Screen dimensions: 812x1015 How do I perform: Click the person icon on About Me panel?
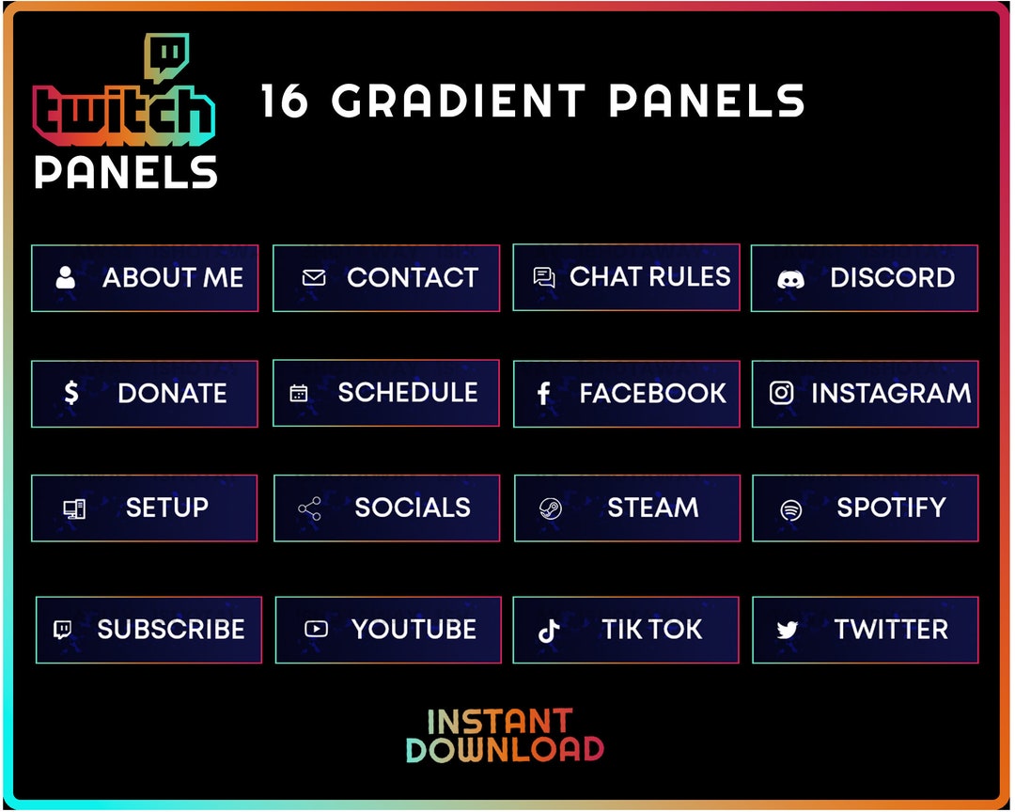click(x=65, y=277)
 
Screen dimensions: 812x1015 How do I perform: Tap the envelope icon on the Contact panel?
click(x=313, y=278)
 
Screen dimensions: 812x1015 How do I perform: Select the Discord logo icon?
click(x=790, y=278)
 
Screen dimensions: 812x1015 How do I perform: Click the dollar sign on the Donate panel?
click(x=71, y=393)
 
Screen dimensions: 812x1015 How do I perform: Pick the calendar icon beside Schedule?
click(x=299, y=393)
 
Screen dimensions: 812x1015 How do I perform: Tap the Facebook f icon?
click(x=543, y=394)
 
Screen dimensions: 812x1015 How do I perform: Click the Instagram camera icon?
click(x=781, y=393)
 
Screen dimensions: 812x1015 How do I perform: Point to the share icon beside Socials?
click(x=309, y=508)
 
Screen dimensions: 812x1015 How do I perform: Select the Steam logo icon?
click(x=550, y=508)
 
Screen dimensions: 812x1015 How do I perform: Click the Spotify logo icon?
click(x=791, y=509)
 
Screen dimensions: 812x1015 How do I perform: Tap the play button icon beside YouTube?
click(x=317, y=629)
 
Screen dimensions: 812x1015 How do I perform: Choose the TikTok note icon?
click(x=549, y=630)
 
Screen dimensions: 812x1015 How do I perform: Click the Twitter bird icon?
click(x=788, y=630)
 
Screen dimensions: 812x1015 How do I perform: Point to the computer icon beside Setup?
click(x=74, y=508)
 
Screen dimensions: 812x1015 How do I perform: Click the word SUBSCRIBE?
click(x=170, y=629)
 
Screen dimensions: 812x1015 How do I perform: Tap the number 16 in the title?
click(x=284, y=101)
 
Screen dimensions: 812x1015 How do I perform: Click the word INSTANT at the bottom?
click(x=499, y=722)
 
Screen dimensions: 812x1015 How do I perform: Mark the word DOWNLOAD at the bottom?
click(x=505, y=749)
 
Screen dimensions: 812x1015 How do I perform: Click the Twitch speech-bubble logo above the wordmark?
click(x=166, y=58)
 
